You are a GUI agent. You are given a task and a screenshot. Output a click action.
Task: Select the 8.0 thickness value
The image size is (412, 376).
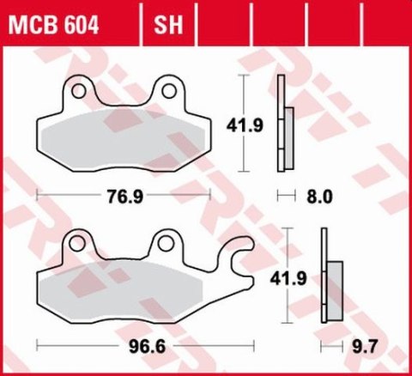(x=318, y=197)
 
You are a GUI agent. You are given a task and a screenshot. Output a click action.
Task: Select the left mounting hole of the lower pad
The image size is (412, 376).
(x=79, y=245)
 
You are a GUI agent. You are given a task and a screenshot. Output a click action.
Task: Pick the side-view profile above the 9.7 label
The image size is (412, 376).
(x=329, y=279)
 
